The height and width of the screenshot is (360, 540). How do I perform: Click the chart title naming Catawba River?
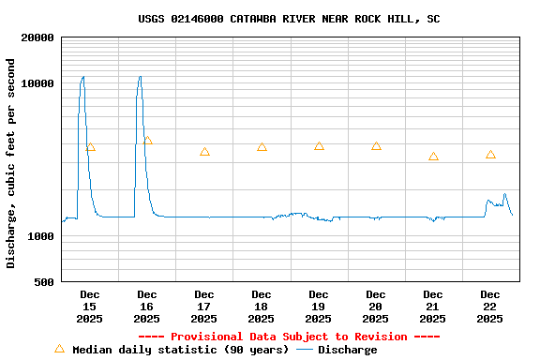point(289,19)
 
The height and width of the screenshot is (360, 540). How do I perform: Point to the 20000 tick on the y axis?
point(38,37)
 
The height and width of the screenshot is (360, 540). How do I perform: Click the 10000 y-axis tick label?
point(38,83)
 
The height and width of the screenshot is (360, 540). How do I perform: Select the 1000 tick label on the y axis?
point(41,236)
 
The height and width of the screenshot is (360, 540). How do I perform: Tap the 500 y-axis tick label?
point(44,282)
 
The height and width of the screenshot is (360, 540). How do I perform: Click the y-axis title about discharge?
point(11,163)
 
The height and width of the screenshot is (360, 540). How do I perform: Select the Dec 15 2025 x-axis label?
point(89,307)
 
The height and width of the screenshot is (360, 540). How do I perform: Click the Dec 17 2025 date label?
point(203,307)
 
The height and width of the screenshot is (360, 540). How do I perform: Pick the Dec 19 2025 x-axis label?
point(319,307)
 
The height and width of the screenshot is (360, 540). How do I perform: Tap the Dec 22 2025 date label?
point(489,307)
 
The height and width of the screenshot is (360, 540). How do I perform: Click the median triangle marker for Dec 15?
point(90,147)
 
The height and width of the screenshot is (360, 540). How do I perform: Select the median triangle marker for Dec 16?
point(147,141)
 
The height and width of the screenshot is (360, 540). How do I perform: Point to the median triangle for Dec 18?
point(262,147)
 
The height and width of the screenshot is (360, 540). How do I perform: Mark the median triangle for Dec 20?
point(376,146)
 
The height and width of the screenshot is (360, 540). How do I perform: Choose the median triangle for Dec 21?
point(433,157)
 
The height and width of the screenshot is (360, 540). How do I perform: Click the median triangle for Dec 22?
point(490,155)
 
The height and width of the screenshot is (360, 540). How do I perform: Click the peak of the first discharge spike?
point(82,77)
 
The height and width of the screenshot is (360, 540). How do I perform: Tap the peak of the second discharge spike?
point(140,77)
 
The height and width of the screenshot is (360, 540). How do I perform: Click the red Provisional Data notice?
point(289,337)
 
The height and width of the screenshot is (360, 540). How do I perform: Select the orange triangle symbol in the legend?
point(59,349)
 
